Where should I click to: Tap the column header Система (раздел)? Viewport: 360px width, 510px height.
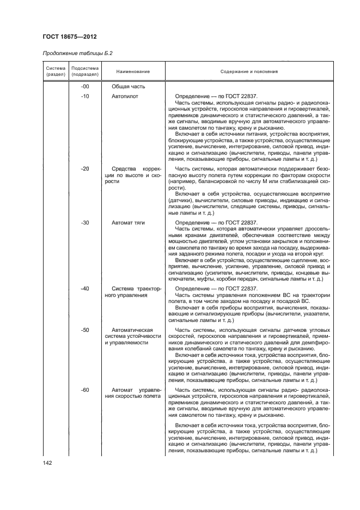click(x=56, y=71)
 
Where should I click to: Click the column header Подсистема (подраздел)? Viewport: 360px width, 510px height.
click(x=84, y=71)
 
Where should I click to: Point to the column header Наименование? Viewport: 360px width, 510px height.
click(x=133, y=71)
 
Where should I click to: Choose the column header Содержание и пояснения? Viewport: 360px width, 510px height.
click(x=249, y=71)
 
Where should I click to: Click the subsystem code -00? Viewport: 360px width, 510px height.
click(x=84, y=87)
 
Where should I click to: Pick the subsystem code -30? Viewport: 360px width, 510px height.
click(x=84, y=223)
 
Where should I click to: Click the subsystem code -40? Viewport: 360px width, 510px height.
click(x=84, y=288)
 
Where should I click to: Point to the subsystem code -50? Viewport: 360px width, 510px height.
click(x=84, y=330)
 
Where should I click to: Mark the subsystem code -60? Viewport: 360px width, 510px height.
click(x=84, y=390)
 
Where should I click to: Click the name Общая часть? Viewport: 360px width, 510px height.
click(x=129, y=87)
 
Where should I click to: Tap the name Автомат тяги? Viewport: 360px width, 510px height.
click(x=129, y=223)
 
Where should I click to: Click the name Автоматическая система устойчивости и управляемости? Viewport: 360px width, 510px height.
click(x=133, y=337)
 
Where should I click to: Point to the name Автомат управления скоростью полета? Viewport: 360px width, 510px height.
click(x=133, y=393)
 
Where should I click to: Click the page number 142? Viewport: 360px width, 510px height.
click(x=47, y=463)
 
